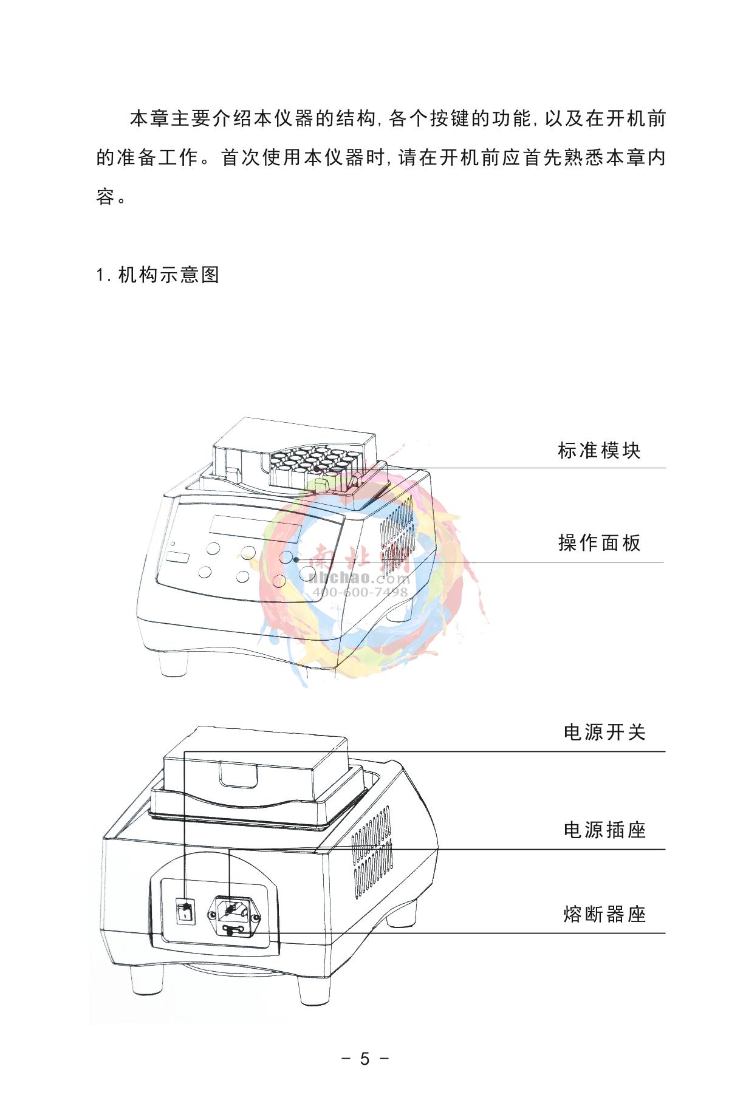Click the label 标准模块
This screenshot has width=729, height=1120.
click(599, 451)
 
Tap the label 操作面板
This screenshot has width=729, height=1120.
click(600, 542)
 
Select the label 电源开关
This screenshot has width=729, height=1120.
click(604, 732)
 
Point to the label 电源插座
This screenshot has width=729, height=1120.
click(604, 830)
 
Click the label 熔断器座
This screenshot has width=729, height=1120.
click(604, 913)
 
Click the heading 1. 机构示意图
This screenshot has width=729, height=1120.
click(158, 275)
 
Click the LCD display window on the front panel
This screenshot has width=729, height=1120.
click(255, 528)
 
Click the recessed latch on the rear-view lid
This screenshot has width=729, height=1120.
click(239, 774)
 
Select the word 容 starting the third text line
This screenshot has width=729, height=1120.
click(106, 197)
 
